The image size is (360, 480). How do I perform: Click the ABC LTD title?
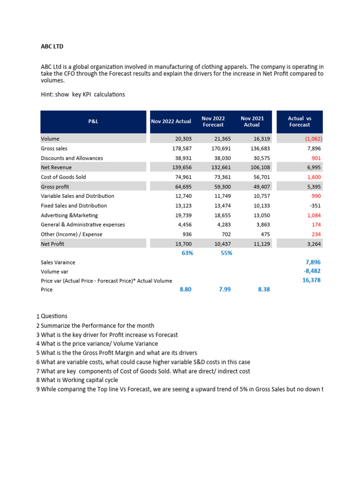coord(54,46)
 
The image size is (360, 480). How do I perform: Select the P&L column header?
coord(93,121)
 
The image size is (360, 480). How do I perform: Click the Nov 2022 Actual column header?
coord(171,121)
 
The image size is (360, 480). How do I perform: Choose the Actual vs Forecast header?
coord(299,121)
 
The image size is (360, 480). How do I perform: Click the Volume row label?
coord(50,139)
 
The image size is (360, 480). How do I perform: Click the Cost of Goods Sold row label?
coord(63,177)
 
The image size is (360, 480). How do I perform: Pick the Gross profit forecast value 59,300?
coord(214,187)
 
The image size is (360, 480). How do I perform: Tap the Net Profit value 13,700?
coord(182,244)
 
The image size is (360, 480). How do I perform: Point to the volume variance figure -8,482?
coord(312,271)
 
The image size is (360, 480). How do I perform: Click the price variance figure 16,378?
coord(311,280)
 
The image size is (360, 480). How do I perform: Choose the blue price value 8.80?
coord(186,290)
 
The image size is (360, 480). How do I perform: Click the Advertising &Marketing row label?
coord(69,215)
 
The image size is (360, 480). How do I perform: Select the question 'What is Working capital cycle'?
coord(79,380)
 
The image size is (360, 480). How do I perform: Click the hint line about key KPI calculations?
coord(83,94)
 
